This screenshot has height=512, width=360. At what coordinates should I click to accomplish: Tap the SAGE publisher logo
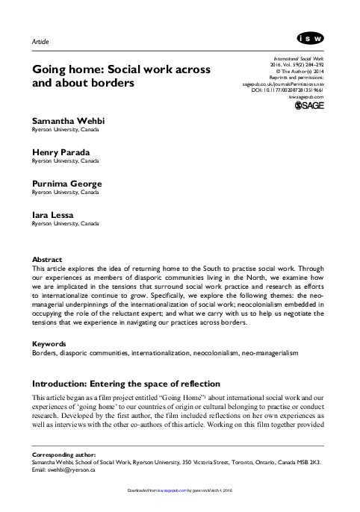308,108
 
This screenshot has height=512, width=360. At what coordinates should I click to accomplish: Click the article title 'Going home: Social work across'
120,69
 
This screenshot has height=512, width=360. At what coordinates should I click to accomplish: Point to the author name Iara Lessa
53,215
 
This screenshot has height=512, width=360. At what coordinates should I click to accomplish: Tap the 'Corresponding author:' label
63,454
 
